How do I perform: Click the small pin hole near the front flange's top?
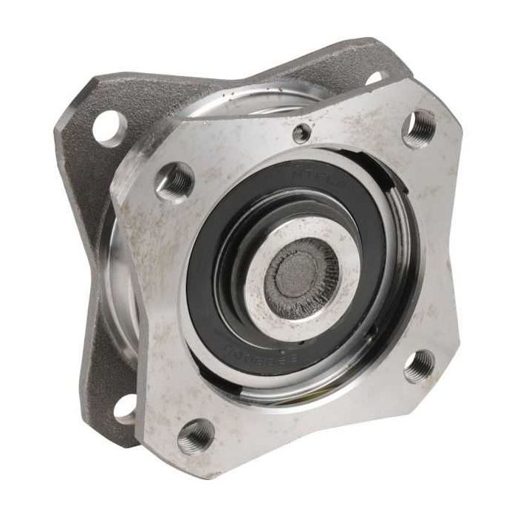click(301, 134)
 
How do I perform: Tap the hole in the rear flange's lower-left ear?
click(127, 408)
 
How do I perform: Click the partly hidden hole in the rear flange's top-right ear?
click(374, 77)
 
